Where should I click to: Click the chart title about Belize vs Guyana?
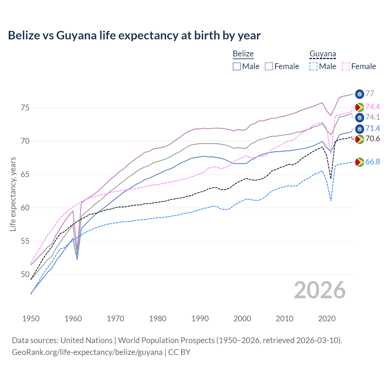[x=134, y=35]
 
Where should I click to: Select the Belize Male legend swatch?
[x=237, y=66]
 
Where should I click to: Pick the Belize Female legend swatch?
[x=269, y=66]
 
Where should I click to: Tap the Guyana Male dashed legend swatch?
[x=313, y=66]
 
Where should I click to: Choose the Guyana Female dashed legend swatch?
[x=346, y=66]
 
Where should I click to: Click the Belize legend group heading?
[x=243, y=54]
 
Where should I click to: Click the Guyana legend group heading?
[x=323, y=54]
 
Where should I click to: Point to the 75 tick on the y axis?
[x=25, y=108]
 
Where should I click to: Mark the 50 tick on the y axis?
[x=25, y=275]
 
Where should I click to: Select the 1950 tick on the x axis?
[x=31, y=319]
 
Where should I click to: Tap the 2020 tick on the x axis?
[x=327, y=319]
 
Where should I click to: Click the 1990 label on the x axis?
[x=200, y=319]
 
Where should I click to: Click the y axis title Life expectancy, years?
[x=13, y=194]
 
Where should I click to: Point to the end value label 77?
[x=370, y=93]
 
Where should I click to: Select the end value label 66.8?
[x=373, y=162]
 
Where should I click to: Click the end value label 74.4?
[x=373, y=107]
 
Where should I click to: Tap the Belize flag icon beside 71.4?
[x=360, y=129]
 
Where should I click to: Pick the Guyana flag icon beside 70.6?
[x=360, y=139]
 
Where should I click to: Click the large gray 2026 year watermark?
[x=320, y=290]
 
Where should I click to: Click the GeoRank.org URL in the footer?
[x=87, y=352]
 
